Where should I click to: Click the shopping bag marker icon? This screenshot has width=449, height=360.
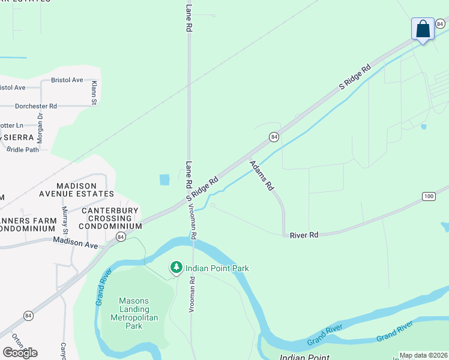coord(423,29)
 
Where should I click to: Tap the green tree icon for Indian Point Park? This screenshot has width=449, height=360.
coord(176,268)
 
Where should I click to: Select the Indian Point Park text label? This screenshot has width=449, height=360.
coord(217,268)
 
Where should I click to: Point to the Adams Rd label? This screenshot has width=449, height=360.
coord(262,175)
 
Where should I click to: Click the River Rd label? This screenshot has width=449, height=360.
coord(304,235)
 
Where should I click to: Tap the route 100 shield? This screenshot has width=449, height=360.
coord(428,196)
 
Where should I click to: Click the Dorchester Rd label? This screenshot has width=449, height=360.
coord(35,106)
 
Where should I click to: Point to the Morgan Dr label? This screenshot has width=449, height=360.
coord(41,124)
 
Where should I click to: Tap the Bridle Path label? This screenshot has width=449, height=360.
coord(23,149)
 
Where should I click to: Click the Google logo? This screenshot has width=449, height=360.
coord(20,352)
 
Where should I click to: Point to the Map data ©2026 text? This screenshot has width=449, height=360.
coord(423,355)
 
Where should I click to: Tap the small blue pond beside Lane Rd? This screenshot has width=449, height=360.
coord(164,179)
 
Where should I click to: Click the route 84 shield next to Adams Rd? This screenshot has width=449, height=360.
coord(274,137)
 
